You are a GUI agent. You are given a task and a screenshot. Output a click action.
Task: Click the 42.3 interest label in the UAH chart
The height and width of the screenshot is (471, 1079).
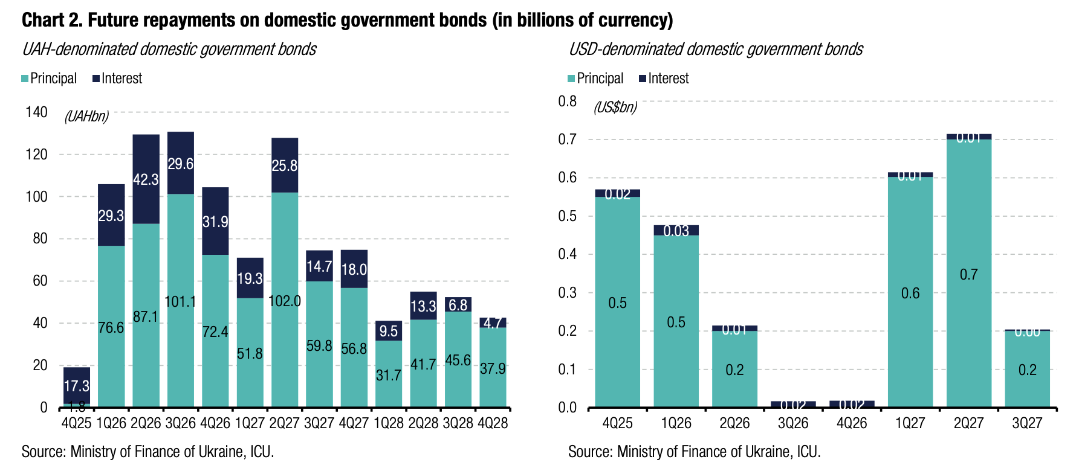[146, 179]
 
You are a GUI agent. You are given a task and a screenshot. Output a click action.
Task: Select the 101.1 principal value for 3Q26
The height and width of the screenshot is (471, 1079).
[180, 301]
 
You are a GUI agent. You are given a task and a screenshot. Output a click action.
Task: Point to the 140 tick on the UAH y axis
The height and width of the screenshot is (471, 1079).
[36, 112]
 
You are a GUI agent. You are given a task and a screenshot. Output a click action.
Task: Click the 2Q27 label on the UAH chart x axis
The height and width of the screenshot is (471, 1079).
[285, 423]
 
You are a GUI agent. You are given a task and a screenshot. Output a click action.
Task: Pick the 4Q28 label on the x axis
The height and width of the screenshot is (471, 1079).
[493, 423]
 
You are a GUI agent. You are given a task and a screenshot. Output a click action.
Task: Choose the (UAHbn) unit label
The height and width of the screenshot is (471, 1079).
[86, 117]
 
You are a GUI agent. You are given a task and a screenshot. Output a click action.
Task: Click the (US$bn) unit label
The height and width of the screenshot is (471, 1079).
[615, 107]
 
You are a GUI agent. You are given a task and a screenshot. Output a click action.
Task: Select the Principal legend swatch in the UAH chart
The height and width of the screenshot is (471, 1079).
[25, 78]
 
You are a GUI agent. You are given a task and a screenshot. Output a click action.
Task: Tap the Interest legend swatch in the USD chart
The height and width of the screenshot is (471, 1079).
[643, 78]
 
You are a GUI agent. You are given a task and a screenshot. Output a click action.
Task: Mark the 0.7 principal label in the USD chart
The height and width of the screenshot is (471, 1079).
[968, 275]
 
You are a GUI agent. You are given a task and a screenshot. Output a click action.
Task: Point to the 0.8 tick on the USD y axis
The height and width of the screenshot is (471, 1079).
[568, 101]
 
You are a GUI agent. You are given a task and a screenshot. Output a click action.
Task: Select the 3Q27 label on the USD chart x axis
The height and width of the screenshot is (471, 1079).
[1027, 423]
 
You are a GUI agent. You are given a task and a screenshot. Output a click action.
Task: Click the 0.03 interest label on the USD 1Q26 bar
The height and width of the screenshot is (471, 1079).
[676, 231]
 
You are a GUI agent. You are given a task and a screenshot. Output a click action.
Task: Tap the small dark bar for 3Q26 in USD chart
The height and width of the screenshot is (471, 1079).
[793, 404]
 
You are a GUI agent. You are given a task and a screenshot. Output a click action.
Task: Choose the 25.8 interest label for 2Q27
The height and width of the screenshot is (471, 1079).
[285, 165]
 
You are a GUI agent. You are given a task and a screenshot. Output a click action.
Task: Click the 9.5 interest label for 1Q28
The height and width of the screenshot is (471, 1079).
[389, 331]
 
